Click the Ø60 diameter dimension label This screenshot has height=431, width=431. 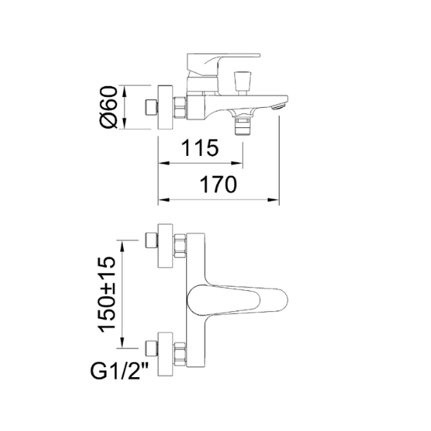[108, 108]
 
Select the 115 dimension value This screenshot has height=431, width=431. [200, 149]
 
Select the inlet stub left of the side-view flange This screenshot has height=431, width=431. [151, 109]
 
